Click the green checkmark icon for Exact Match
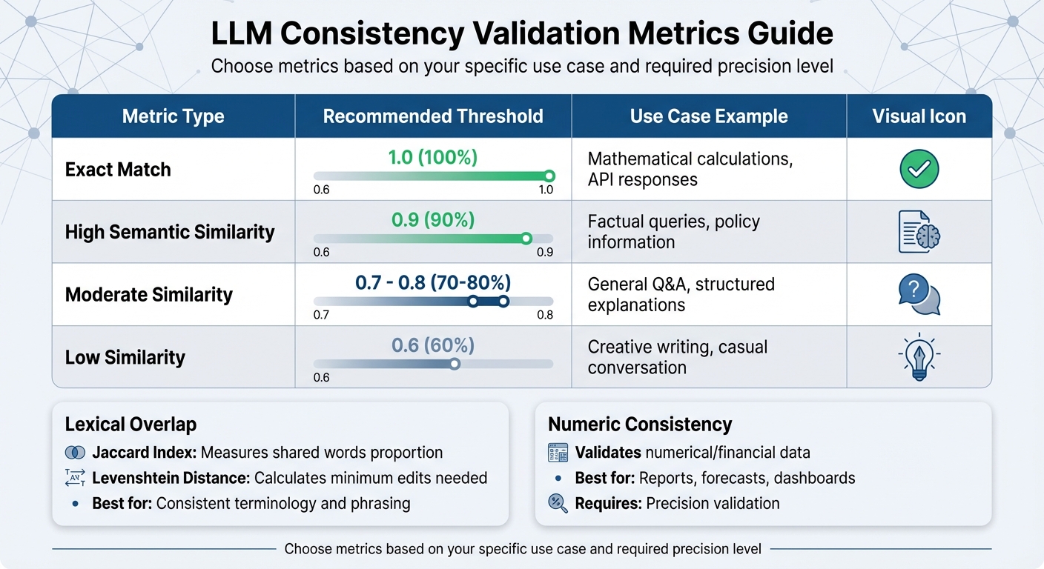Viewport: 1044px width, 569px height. click(919, 169)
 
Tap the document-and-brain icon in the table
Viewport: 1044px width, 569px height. click(919, 231)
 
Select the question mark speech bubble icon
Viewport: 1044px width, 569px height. click(919, 294)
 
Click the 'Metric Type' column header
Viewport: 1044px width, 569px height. click(173, 116)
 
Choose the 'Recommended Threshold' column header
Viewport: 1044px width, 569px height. click(433, 116)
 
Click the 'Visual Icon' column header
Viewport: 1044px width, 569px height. click(919, 116)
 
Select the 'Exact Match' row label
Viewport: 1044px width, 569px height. click(118, 170)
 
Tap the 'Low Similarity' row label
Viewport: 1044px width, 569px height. click(125, 357)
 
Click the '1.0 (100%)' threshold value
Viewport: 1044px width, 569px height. click(433, 157)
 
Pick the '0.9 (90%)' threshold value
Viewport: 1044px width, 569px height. click(433, 220)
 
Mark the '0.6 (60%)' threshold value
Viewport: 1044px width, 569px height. click(433, 345)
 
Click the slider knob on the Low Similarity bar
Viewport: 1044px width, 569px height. click(455, 364)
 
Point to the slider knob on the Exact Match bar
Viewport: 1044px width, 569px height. click(549, 176)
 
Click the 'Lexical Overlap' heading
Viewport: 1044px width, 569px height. click(130, 425)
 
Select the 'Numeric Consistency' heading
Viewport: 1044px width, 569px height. click(640, 425)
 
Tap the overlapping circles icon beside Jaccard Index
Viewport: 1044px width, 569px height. click(75, 453)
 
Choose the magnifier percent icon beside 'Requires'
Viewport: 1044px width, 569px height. click(557, 503)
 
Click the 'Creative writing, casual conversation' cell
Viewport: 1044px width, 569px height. click(677, 357)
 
